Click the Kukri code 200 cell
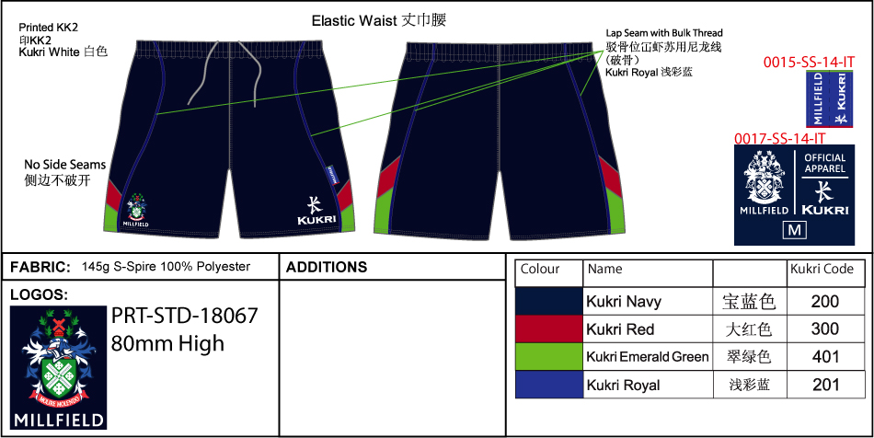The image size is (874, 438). [825, 301]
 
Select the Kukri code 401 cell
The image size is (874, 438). [825, 357]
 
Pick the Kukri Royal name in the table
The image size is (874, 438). [623, 386]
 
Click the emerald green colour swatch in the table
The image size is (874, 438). [549, 357]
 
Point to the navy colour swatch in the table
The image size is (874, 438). [549, 301]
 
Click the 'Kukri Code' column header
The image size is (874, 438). [822, 270]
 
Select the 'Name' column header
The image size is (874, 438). [604, 270]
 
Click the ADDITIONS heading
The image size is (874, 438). [327, 268]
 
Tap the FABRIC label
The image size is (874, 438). [40, 268]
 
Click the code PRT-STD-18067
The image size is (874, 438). [184, 316]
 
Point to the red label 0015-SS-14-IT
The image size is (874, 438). [809, 63]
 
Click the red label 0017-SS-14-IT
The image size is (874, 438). [779, 139]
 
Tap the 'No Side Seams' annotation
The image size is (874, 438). [64, 165]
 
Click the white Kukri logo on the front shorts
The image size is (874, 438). [316, 211]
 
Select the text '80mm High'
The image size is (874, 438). [167, 344]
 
